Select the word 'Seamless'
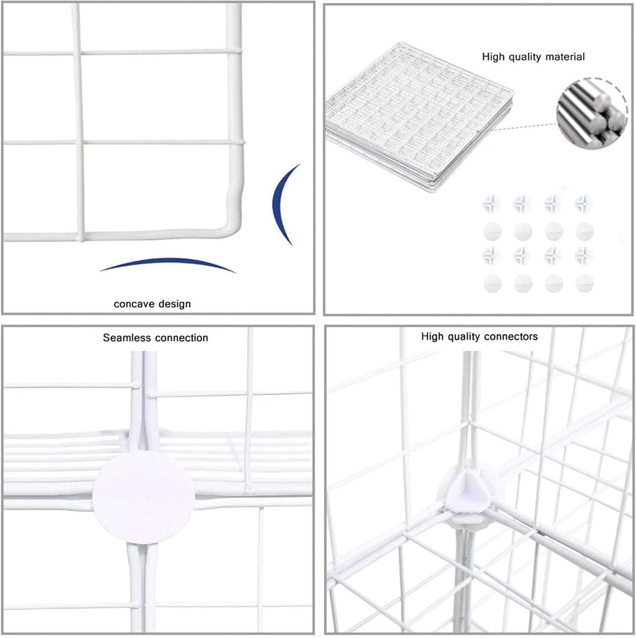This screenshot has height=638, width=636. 129,338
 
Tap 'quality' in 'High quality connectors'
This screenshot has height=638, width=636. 466,336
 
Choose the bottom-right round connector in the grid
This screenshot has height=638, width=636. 584,283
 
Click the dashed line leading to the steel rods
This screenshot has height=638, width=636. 524,127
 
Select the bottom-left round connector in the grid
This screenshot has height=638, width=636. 492,283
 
